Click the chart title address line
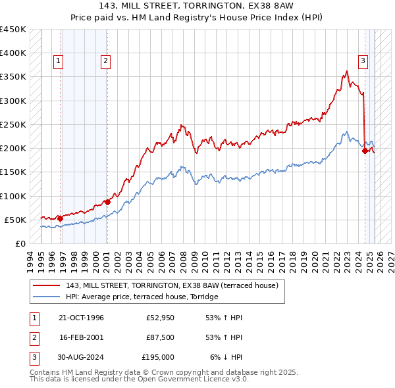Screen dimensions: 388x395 coord(197,7)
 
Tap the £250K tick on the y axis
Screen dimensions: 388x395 coord(13,124)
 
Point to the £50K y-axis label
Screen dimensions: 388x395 coord(15,220)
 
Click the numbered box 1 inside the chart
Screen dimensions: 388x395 coord(59,61)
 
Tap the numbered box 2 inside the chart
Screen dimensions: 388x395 coord(105,61)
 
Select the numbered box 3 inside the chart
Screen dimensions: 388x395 coord(363,61)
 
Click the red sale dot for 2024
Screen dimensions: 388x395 coord(365,151)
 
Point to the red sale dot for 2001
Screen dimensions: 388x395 coord(107,202)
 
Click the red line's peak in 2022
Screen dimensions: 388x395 coord(346,71)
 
